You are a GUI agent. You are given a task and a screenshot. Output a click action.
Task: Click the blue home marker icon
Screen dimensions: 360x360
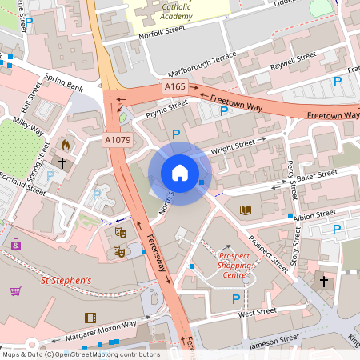click(x=180, y=173)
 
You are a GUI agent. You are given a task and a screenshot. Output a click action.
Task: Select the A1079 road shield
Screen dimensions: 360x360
click(x=117, y=139)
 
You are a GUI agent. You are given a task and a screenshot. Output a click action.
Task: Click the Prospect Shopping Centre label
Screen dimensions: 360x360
click(x=233, y=264)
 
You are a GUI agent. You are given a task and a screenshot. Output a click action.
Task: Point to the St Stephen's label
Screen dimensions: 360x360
click(x=66, y=281)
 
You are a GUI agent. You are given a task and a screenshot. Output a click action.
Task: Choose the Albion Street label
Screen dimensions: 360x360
click(x=314, y=214)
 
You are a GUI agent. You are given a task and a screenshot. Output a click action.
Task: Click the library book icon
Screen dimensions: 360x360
click(x=245, y=210)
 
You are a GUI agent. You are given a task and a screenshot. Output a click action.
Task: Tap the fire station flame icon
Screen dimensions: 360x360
click(x=66, y=146)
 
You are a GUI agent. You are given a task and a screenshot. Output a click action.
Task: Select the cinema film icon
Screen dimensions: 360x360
click(x=90, y=318)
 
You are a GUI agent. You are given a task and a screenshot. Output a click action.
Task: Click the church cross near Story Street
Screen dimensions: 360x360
click(x=324, y=282)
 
